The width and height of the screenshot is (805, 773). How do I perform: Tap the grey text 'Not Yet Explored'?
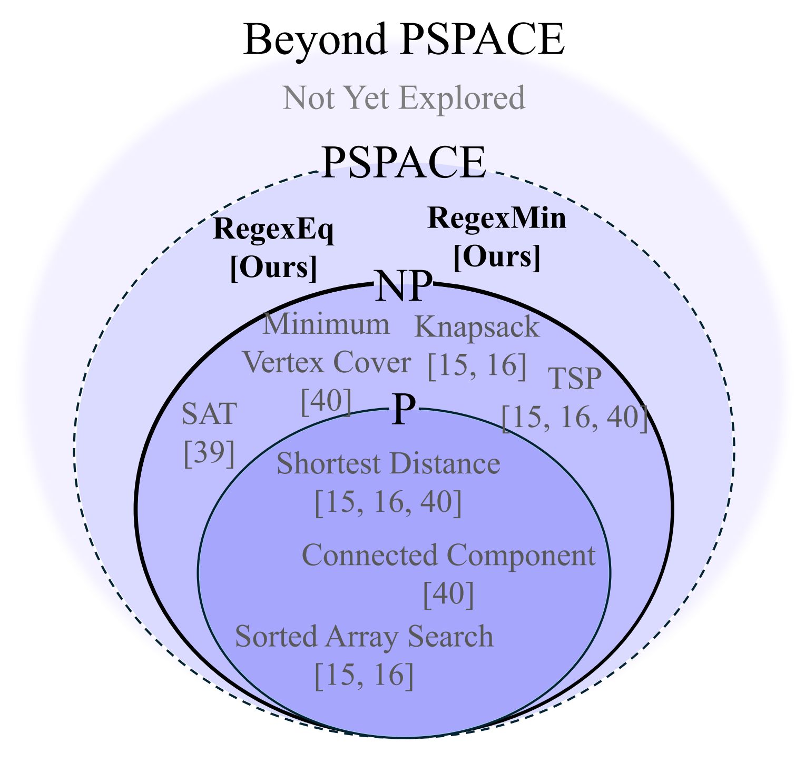coord(404,97)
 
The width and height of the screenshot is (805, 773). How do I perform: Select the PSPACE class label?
coord(403,163)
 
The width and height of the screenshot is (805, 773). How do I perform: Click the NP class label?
coord(403,286)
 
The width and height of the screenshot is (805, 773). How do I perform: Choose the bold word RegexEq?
coord(273,230)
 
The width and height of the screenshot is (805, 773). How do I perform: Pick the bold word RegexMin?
coord(497,217)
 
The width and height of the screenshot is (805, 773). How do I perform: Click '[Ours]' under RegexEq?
coord(274,267)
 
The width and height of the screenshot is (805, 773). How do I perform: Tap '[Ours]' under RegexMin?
coord(497,256)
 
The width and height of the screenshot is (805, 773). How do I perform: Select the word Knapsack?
coord(477,326)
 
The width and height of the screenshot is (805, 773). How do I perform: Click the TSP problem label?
coord(575,378)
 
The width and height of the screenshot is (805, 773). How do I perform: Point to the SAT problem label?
coord(209,414)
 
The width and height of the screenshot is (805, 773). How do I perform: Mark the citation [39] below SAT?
coord(209,452)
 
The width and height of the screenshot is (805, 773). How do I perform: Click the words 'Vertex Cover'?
coord(327,362)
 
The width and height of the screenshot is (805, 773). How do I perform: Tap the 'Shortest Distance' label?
coord(388,464)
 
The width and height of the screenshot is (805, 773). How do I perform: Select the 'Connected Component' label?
coord(448,556)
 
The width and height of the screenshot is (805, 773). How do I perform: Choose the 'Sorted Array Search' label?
coord(364,636)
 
